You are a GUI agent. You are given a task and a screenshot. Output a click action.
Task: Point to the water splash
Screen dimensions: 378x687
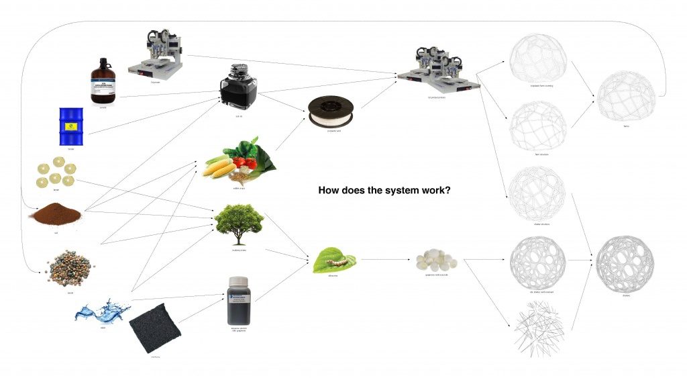click(103, 312)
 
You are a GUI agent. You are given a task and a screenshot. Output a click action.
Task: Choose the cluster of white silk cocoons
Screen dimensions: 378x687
click(431, 259)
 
